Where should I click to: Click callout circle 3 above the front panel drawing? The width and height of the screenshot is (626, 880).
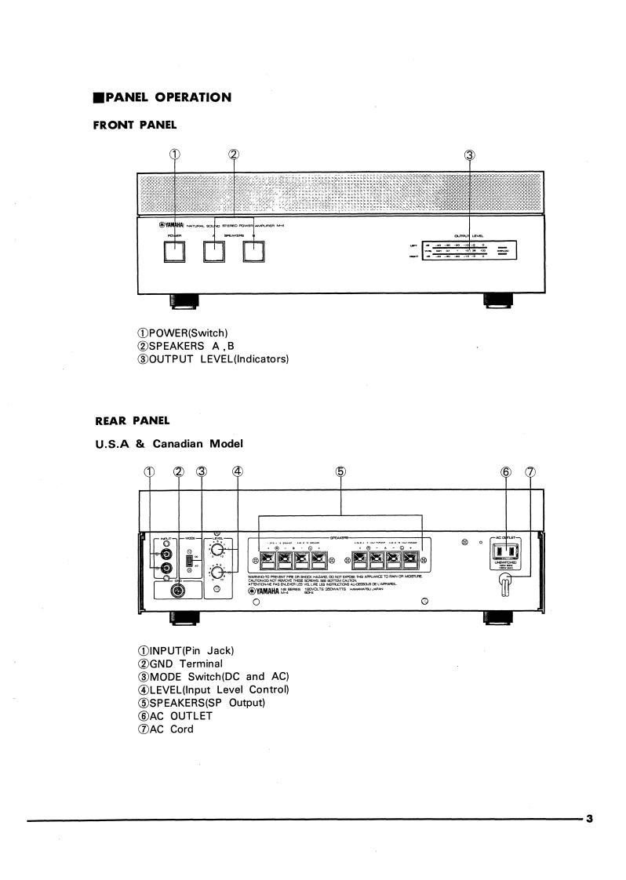tap(470, 155)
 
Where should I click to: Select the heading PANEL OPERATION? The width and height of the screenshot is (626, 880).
tap(162, 97)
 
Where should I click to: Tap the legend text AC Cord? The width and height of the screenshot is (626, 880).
tap(166, 729)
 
